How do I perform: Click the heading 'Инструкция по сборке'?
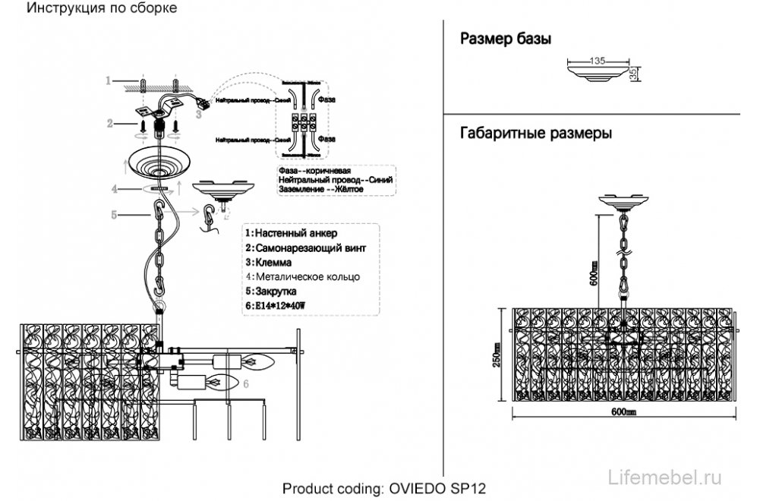(103, 8)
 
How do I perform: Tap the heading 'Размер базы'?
(506, 39)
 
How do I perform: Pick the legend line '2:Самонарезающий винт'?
(306, 247)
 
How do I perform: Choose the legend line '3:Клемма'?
(272, 262)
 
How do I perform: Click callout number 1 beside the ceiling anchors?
(109, 80)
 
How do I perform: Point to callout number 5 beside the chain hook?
(114, 216)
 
